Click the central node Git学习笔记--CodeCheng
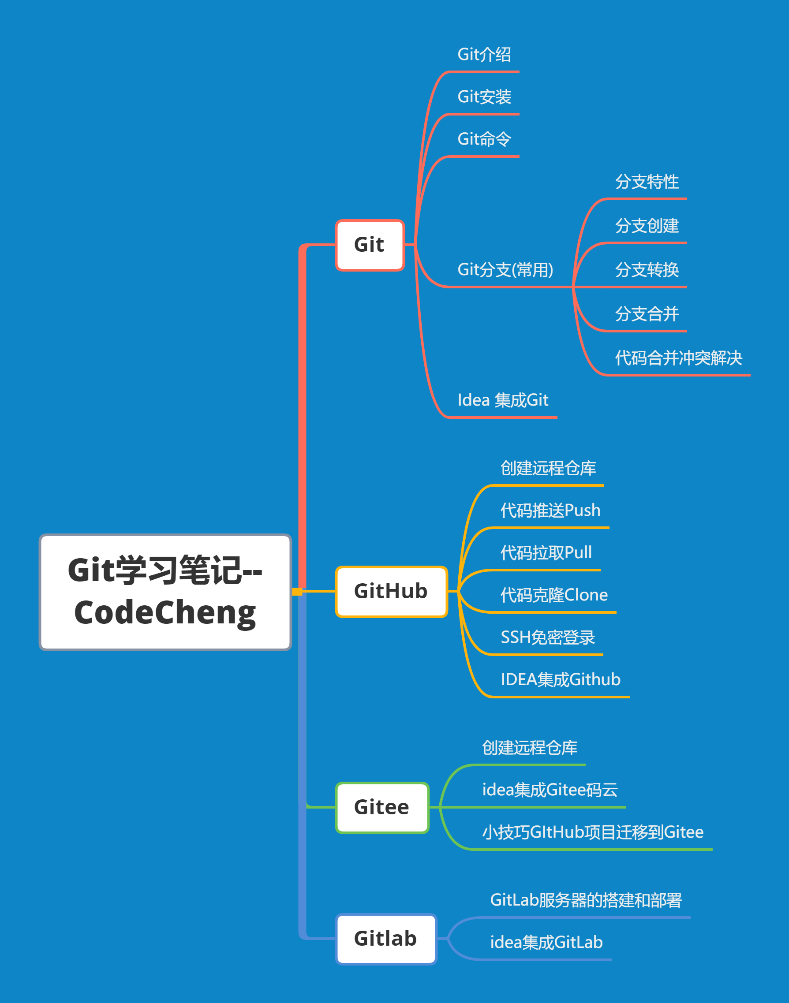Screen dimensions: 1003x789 (165, 592)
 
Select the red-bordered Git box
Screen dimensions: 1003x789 (370, 245)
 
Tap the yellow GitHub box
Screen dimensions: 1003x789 (391, 591)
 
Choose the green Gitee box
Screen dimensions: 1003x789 (382, 807)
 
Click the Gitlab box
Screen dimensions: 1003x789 (386, 938)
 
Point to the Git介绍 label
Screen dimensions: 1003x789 (484, 55)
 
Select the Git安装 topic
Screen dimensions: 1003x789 (484, 97)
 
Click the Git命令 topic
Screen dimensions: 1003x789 (484, 139)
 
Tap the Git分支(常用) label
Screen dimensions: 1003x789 (505, 270)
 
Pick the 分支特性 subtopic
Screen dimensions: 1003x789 (647, 182)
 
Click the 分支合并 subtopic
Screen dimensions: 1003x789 (647, 314)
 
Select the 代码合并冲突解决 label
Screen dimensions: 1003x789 (678, 358)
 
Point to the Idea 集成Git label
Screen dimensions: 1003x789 (503, 400)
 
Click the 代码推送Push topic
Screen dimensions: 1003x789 (550, 510)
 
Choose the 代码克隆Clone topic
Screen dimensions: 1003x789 (554, 595)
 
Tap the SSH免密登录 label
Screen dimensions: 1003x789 (547, 637)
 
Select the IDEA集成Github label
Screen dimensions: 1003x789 (561, 679)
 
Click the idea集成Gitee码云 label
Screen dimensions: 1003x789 (550, 790)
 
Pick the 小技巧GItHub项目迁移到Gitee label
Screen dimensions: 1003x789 (593, 832)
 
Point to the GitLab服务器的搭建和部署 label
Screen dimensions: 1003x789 (586, 900)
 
